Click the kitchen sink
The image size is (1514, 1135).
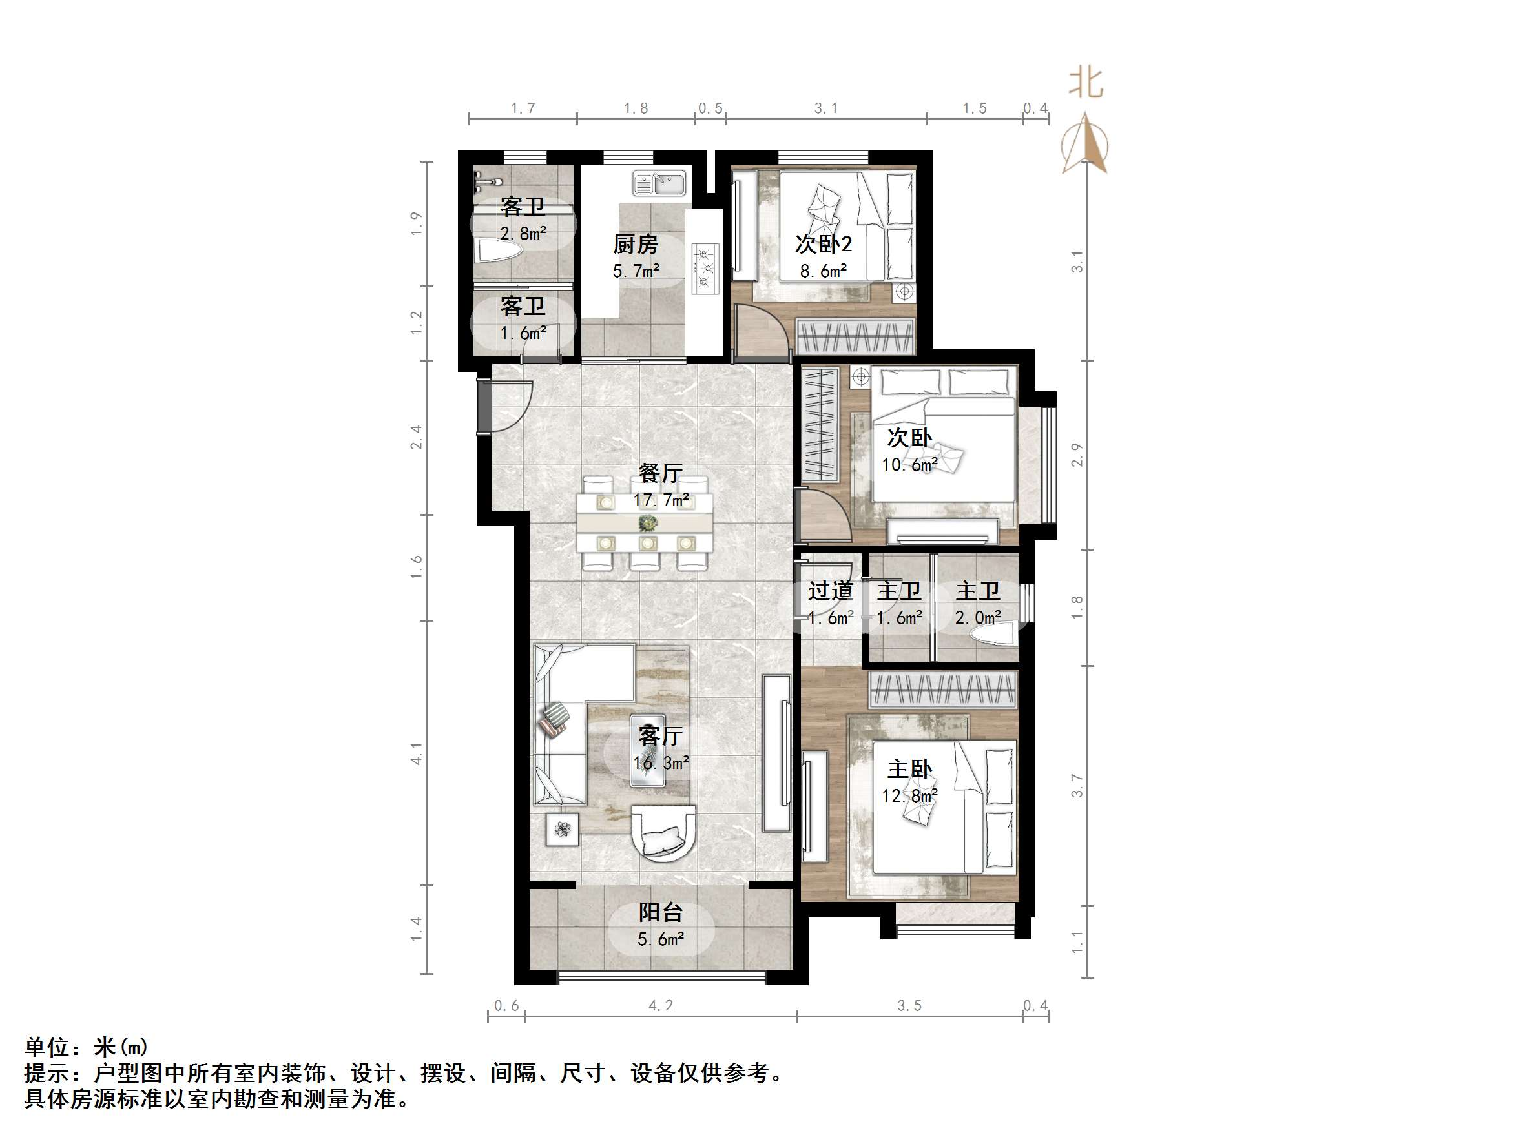point(658,183)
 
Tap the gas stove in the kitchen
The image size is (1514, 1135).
point(705,268)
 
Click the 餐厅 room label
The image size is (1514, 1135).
point(661,473)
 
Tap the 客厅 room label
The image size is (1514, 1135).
point(661,735)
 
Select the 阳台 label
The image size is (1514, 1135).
point(661,912)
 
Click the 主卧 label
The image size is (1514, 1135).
point(909,770)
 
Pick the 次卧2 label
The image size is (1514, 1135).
point(824,244)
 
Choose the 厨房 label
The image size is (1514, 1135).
point(635,244)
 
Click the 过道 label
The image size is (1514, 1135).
point(830,590)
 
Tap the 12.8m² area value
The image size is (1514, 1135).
point(909,795)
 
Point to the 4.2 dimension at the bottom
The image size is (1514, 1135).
point(661,1006)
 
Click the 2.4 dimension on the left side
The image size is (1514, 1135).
point(416,437)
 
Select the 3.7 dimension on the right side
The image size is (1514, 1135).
point(1077,786)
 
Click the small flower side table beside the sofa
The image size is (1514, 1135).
point(563,830)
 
